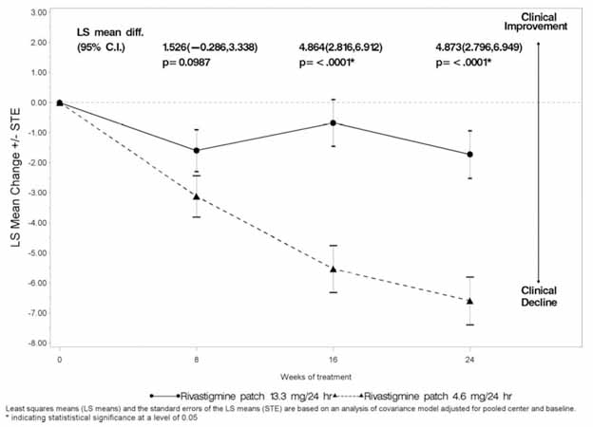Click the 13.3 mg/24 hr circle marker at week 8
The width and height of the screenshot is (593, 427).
coord(197,150)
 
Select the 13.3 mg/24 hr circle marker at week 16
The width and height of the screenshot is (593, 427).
coord(333,122)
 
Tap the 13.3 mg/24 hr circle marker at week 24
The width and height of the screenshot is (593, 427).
coord(469,154)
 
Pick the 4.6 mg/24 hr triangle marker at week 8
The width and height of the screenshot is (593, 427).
coord(197,196)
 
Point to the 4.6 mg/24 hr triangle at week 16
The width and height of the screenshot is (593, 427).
coord(333,269)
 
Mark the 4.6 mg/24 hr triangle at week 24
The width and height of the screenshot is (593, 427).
coord(469,301)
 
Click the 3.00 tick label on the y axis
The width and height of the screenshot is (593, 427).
coord(39,12)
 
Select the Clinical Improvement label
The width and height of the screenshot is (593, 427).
coord(538,20)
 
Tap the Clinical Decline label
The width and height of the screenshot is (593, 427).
coord(538,296)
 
